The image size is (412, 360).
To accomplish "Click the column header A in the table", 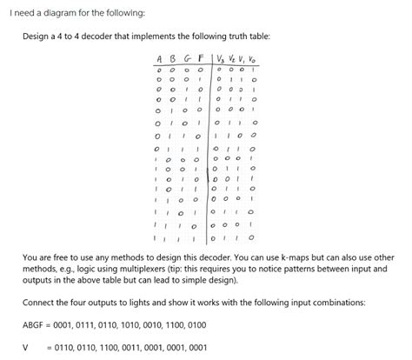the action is (159, 60).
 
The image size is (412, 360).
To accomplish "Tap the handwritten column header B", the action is (173, 60).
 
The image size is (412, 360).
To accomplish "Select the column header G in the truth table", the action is (187, 60).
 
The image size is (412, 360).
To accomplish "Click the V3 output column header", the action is (219, 60).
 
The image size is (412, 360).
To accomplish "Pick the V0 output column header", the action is (252, 60).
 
